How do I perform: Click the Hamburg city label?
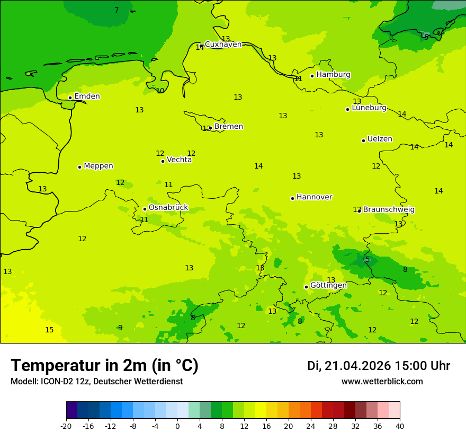point(333,75)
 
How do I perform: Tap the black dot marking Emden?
point(70,98)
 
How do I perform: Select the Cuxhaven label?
point(223,45)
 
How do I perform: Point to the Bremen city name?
point(228,127)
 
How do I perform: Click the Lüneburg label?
point(369,108)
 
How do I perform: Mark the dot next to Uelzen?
point(363,140)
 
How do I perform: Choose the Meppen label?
point(98,166)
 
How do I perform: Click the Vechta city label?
point(179,160)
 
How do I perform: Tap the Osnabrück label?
point(168,208)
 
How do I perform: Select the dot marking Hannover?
point(292,198)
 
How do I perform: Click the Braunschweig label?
point(389,210)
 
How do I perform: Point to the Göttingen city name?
point(328,286)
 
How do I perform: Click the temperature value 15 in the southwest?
point(49,330)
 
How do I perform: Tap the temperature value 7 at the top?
point(116,11)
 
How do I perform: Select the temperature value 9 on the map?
point(120,328)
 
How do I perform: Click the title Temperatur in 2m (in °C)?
point(104,366)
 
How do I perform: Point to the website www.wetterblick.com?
point(382,382)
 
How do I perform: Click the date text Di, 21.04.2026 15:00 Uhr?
point(378,366)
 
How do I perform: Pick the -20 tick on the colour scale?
point(66,426)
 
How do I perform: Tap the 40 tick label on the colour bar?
point(399,426)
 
